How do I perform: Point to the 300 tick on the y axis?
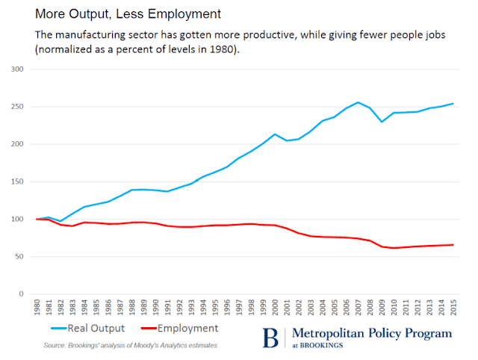(16, 69)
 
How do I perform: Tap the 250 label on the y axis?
(16, 107)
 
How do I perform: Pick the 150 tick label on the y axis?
(16, 181)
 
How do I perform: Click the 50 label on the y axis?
(19, 256)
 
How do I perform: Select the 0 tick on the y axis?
(21, 294)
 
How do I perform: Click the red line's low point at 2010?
(394, 248)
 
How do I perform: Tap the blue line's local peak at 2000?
(275, 134)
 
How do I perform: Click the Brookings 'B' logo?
(270, 338)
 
